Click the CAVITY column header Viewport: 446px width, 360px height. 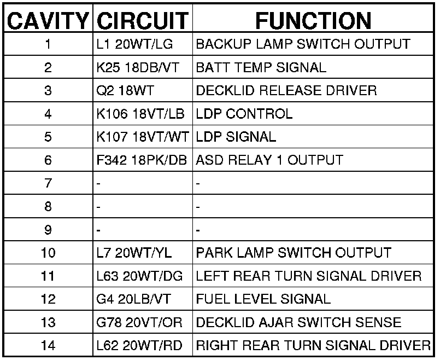coord(48,21)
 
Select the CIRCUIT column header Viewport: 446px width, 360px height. coord(142,21)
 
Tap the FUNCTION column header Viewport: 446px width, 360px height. coord(313,21)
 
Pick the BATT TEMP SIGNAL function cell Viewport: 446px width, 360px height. coord(261,68)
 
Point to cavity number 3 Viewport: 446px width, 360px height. coord(48,91)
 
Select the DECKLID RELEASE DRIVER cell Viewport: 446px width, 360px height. coord(286,91)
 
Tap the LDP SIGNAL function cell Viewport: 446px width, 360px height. coord(236,137)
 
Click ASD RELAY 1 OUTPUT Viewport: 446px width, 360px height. coord(269,160)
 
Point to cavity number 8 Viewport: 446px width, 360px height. coord(48,207)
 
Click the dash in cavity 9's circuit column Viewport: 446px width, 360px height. coord(98,230)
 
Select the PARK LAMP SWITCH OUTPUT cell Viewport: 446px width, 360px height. coord(294,253)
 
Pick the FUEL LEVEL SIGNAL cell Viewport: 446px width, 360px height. coord(263,299)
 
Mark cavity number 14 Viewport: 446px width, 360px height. coord(48,346)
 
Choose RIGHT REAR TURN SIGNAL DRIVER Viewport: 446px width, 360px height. coord(313,346)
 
